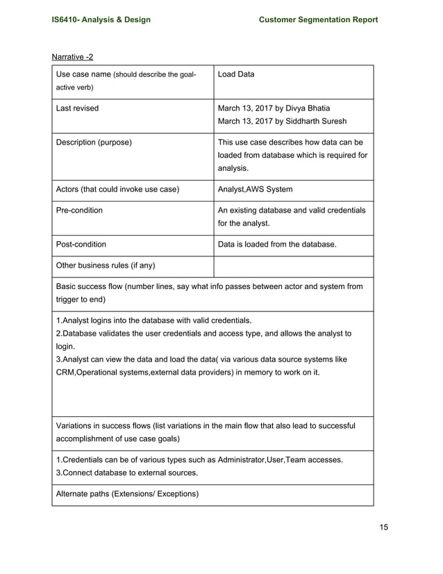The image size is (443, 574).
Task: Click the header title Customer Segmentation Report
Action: (318, 19)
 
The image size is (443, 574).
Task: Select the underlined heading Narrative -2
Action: (73, 56)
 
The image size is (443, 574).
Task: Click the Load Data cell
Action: (236, 74)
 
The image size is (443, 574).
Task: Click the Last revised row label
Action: (77, 108)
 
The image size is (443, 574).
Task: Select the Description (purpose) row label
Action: (94, 142)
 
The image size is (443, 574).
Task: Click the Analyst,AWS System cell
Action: (255, 189)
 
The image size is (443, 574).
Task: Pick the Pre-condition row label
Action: (79, 210)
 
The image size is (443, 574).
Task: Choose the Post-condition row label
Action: (81, 245)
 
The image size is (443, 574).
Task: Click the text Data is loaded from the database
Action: (277, 245)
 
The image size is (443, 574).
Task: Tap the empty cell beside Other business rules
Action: (293, 266)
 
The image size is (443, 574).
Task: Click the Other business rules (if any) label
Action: (106, 265)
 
